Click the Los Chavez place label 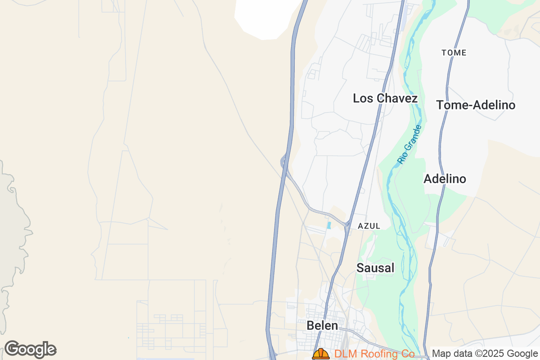pyautogui.click(x=385, y=98)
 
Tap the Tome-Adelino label pyautogui.click(x=476, y=105)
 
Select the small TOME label pyautogui.click(x=454, y=53)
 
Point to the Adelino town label pyautogui.click(x=445, y=179)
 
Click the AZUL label pyautogui.click(x=369, y=226)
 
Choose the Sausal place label pyautogui.click(x=375, y=268)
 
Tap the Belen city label pyautogui.click(x=322, y=325)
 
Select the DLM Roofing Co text pyautogui.click(x=374, y=354)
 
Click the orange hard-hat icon pyautogui.click(x=321, y=354)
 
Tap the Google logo pyautogui.click(x=30, y=349)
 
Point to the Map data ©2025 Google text pyautogui.click(x=485, y=354)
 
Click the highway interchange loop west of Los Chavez pyautogui.click(x=284, y=161)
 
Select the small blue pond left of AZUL pyautogui.click(x=328, y=225)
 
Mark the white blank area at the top pyautogui.click(x=265, y=18)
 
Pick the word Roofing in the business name pyautogui.click(x=374, y=354)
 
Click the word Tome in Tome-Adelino pyautogui.click(x=450, y=105)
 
